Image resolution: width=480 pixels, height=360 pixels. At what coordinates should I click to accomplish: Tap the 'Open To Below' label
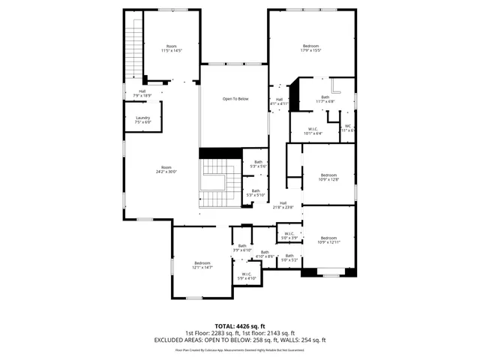coord(235,99)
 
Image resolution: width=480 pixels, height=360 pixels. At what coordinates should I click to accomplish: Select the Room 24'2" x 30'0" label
coord(166,169)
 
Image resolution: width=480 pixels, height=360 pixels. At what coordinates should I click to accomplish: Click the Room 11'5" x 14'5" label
coord(172,49)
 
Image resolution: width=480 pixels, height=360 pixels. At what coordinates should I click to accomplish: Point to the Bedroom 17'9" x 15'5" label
coord(310,49)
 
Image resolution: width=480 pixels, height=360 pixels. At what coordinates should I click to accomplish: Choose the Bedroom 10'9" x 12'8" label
coord(329,177)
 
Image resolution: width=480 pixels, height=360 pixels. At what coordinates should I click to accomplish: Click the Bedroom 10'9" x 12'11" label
coord(329,240)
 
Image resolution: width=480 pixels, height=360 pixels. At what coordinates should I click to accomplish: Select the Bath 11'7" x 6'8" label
coord(325,100)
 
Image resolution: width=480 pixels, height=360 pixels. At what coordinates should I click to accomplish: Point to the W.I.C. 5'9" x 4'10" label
coord(247,276)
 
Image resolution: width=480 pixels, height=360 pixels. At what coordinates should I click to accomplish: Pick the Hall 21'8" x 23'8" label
coord(283,205)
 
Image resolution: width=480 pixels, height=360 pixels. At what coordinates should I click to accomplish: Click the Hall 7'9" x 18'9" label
coord(142,94)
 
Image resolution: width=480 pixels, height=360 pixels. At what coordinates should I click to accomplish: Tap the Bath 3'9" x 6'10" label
coord(242,248)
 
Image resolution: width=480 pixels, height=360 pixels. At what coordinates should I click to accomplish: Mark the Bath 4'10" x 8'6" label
coord(265,255)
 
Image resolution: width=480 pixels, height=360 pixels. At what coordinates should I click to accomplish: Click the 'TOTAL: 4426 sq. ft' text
coord(240,326)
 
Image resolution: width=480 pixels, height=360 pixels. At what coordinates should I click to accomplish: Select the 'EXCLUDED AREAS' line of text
coord(240,340)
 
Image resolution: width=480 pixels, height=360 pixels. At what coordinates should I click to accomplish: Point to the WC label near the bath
coord(348,128)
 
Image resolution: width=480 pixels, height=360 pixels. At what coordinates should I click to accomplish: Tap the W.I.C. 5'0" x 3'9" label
coord(289,236)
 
